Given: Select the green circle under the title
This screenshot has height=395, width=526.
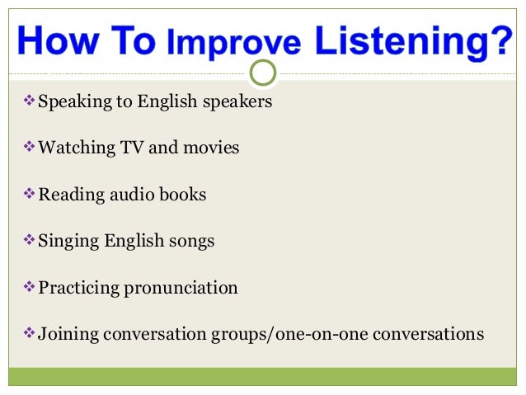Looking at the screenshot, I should tap(262, 73).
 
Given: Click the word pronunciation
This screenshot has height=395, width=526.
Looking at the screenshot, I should tap(181, 288).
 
